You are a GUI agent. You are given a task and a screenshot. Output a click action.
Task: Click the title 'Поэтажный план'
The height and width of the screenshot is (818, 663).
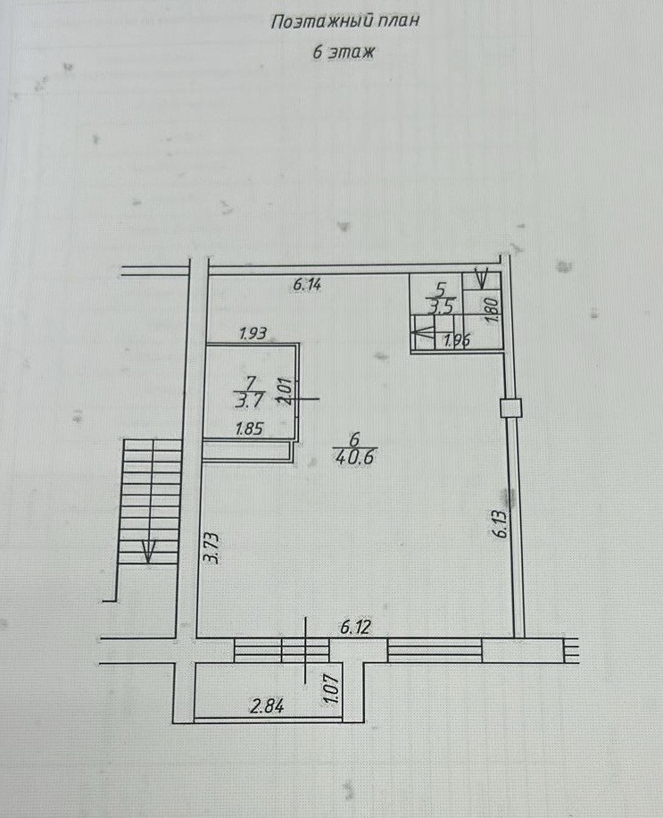coord(344,22)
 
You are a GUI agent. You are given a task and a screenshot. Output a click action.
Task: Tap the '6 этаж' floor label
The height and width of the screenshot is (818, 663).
coord(344,53)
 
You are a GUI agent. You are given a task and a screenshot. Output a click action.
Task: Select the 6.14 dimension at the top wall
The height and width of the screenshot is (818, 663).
coord(307,286)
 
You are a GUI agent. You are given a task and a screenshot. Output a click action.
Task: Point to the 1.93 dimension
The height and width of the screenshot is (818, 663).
coord(253,334)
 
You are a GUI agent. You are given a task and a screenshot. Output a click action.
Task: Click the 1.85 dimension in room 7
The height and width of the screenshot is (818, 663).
coord(248,429)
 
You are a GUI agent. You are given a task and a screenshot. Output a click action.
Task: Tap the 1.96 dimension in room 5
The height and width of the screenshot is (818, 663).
coord(456,339)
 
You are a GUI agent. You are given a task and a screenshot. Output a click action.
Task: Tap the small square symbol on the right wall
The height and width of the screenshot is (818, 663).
coord(510,407)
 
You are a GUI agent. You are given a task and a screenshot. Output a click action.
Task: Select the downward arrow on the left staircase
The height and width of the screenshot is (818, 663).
coord(148,550)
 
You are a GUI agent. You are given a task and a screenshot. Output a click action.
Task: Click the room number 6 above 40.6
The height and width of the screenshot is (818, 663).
coord(354,438)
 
